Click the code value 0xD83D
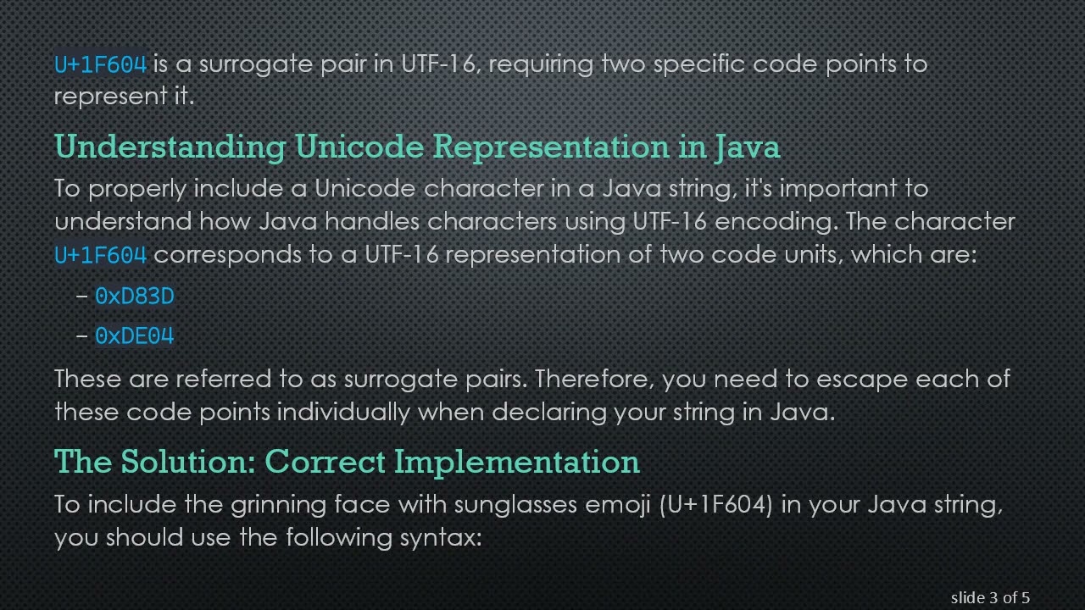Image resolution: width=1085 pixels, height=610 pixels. (x=134, y=296)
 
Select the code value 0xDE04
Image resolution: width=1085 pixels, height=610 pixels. (x=134, y=336)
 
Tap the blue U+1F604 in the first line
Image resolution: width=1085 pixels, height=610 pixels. (x=101, y=64)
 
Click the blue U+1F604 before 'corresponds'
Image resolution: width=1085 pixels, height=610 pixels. (x=101, y=255)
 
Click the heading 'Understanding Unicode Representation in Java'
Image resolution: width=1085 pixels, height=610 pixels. (x=417, y=147)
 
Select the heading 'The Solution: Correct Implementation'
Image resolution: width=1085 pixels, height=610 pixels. (x=347, y=462)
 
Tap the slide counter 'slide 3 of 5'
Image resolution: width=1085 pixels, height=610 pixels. (x=990, y=598)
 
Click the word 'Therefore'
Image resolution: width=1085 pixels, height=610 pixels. (x=594, y=378)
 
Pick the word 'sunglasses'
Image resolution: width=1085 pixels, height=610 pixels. (x=516, y=505)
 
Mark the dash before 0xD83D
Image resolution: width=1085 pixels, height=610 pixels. (x=81, y=296)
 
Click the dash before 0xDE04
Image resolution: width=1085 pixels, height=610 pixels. (x=81, y=336)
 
